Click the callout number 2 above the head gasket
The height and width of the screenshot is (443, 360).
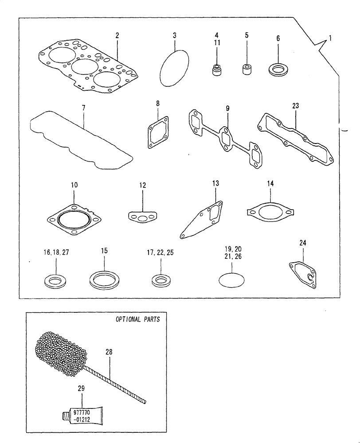tap(117, 35)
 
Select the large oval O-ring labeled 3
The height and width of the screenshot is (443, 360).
tap(175, 67)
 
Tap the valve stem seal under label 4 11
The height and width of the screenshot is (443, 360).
tap(215, 70)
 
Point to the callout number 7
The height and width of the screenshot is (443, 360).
tap(83, 108)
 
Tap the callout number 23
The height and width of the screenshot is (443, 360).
tap(296, 106)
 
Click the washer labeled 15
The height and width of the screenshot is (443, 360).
tap(104, 280)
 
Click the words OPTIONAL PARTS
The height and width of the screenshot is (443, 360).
tap(138, 319)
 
